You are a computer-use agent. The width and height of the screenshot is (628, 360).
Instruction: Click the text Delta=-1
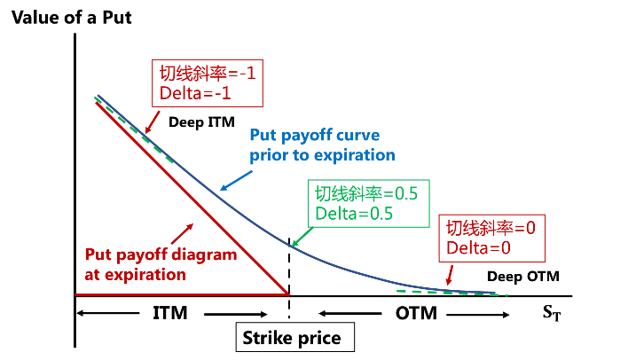coord(197,92)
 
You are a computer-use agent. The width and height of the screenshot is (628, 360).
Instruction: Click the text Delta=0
coord(479,247)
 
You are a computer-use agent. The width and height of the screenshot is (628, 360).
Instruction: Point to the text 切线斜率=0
coord(491,228)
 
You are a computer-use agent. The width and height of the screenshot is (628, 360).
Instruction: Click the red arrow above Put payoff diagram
coord(184,233)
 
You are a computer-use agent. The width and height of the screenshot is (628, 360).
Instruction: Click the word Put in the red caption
coord(98,255)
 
